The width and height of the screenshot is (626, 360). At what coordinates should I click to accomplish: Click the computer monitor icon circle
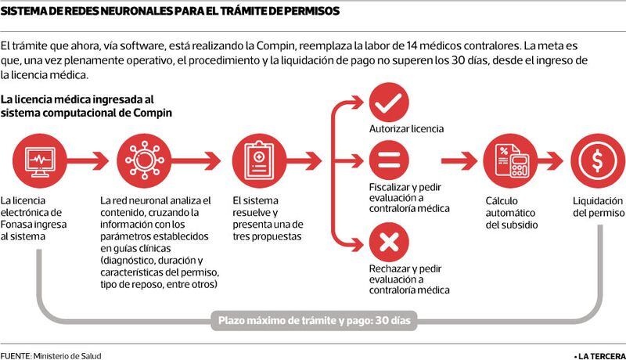pos(40,161)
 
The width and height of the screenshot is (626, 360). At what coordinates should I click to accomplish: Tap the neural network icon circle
pos(144,161)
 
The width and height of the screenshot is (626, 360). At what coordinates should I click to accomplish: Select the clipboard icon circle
pos(260,161)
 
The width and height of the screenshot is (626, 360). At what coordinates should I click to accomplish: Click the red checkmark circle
pos(389,103)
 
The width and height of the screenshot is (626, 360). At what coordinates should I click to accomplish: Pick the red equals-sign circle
pos(389,160)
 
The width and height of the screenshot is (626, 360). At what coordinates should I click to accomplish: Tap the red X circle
pos(389,242)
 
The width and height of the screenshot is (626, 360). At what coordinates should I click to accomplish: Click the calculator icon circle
pos(510,161)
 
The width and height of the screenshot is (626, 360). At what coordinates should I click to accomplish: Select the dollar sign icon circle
pos(598,161)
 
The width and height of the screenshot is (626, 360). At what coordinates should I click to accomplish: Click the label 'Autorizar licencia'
pos(406,129)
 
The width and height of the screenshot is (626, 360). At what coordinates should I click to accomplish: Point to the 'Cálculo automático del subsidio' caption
pos(512,213)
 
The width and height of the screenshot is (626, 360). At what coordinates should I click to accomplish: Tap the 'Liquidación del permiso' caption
pos(599,207)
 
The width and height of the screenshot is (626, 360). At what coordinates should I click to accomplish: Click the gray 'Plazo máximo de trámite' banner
pos(315,321)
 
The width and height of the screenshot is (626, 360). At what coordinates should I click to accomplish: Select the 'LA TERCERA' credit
pos(599,356)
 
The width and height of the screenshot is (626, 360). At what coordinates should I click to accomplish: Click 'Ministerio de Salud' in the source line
pos(67,355)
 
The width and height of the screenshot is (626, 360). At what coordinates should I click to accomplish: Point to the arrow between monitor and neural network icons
pos(88,161)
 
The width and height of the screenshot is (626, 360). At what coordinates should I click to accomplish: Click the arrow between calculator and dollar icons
pos(551,161)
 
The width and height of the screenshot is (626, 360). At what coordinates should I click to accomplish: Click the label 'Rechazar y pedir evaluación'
pos(405,274)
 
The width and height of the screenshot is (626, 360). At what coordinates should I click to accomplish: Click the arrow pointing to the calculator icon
pos(459,161)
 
